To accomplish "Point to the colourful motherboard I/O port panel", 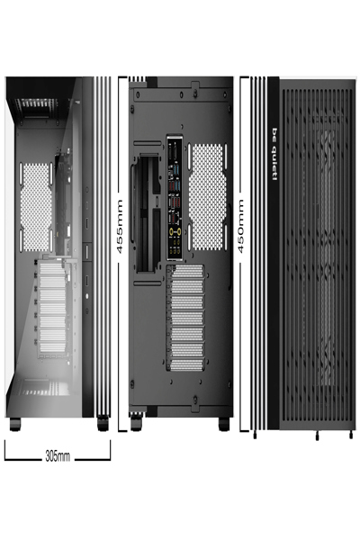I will tap(173, 197).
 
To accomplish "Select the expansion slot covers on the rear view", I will tap(191, 320).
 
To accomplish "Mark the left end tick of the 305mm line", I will tap(5, 449).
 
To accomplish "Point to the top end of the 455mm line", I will tap(120, 78).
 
